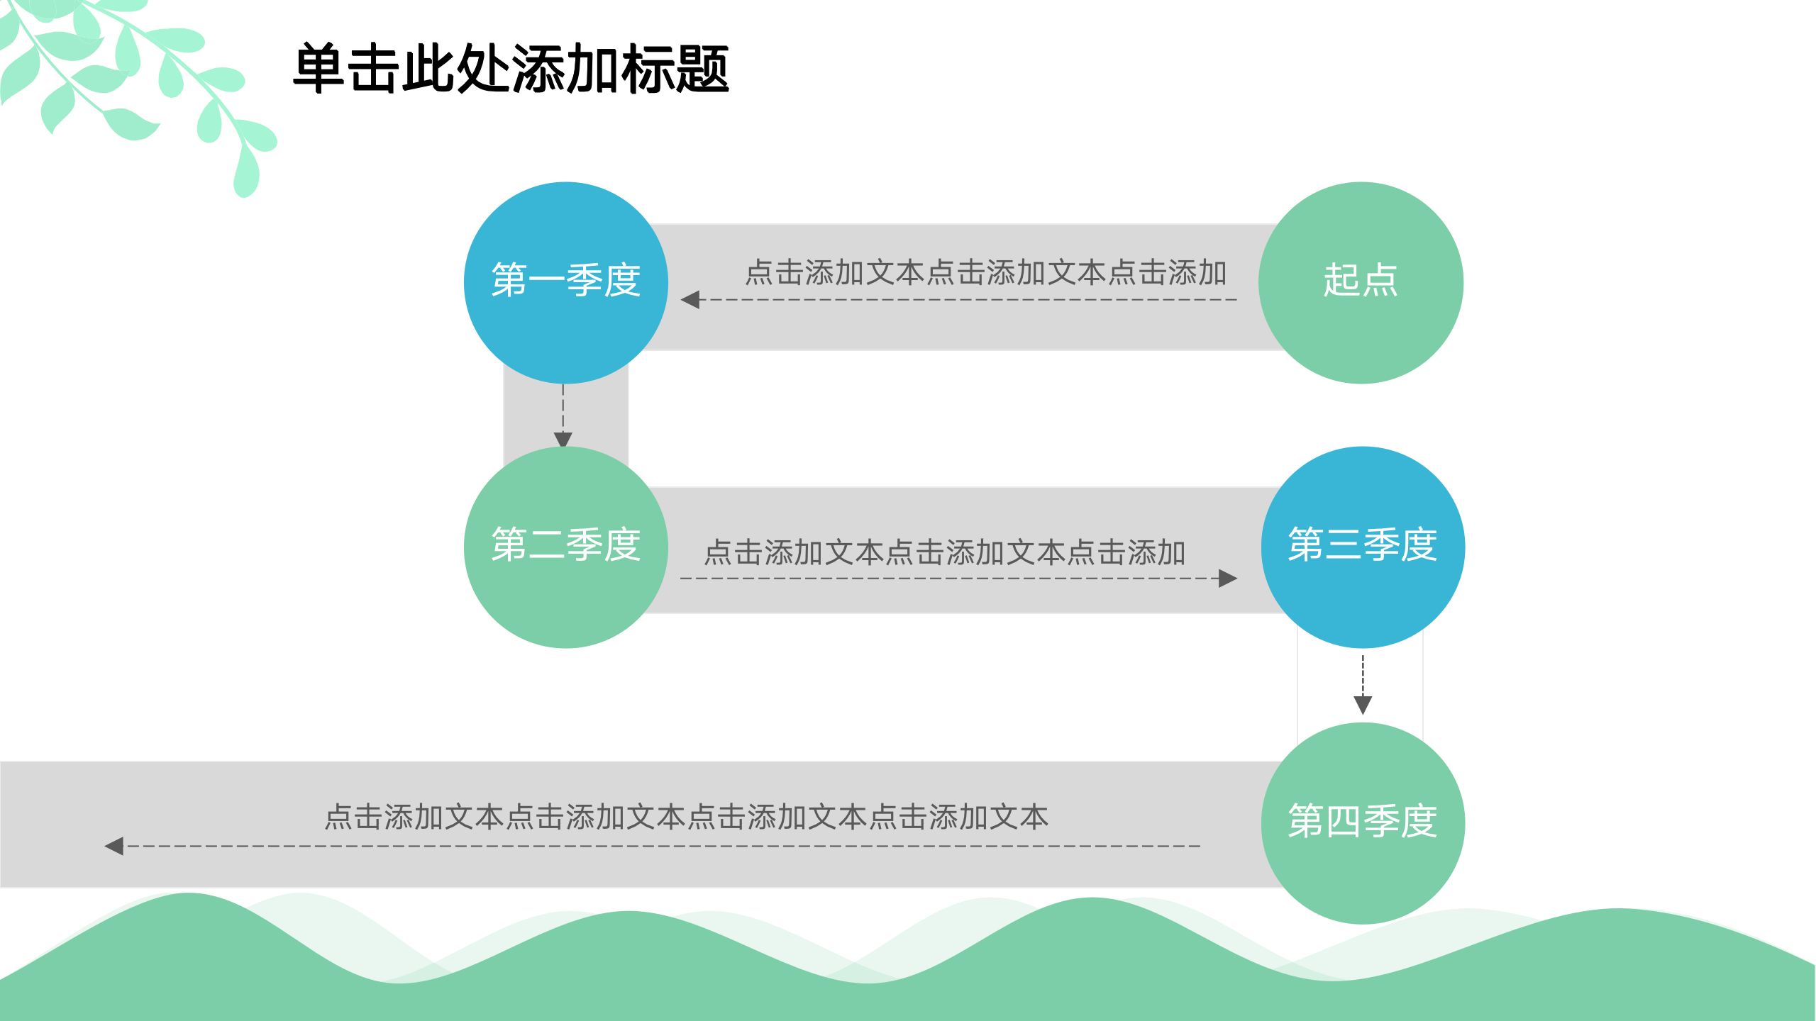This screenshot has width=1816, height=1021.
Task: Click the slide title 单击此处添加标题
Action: coord(511,69)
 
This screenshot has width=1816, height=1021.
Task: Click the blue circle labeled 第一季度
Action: coord(565,283)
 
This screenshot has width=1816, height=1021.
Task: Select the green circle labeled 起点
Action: coord(1360,283)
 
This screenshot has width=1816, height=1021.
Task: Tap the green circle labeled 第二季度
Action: coord(565,547)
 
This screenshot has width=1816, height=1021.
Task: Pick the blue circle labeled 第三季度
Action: coord(1362,547)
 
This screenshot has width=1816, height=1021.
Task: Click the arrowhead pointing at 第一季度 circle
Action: coord(690,300)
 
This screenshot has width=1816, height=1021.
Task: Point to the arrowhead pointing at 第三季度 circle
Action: coord(1228,579)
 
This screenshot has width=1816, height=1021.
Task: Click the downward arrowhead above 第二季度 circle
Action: coord(563,440)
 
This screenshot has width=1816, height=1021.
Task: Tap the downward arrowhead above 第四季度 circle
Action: coord(1363,705)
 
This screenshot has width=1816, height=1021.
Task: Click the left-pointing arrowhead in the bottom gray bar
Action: coord(114,846)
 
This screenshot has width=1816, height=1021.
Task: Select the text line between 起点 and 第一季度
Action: coord(985,273)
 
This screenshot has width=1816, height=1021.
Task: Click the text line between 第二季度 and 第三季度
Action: coord(944,553)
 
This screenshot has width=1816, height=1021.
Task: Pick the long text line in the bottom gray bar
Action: coord(686,818)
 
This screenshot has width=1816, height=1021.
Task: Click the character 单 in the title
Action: coord(319,69)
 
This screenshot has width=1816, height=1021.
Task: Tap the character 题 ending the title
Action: coord(702,69)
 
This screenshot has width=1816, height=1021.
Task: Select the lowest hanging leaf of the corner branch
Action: coord(246,174)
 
